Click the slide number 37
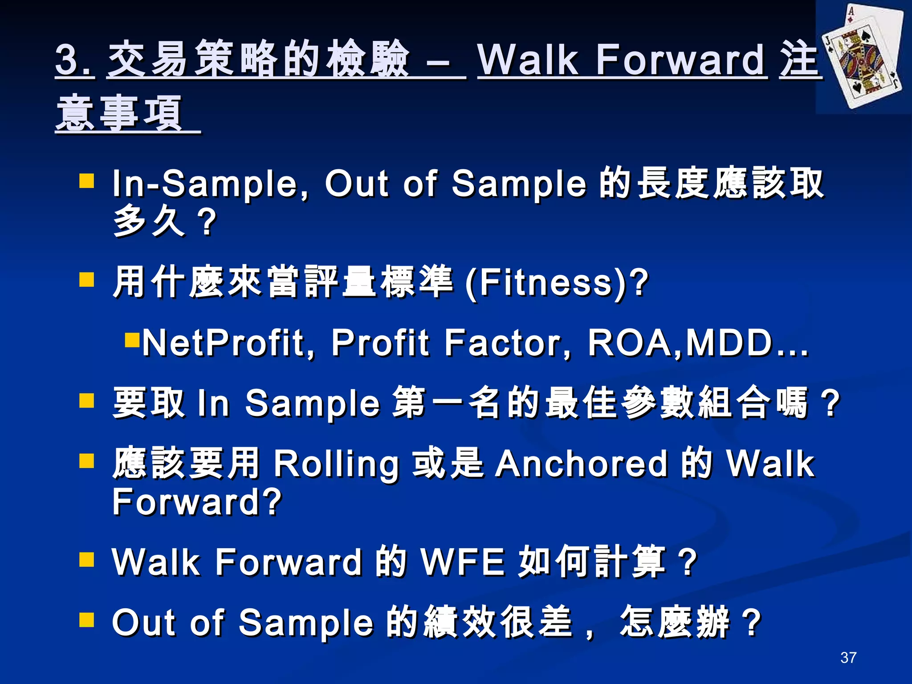(x=848, y=657)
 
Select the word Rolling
(x=336, y=464)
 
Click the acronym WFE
(x=464, y=562)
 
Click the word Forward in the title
(x=681, y=60)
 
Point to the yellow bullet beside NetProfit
(x=132, y=340)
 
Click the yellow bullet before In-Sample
(x=87, y=181)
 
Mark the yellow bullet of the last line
(x=87, y=619)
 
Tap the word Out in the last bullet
(x=145, y=623)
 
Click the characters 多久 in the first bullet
(x=149, y=221)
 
